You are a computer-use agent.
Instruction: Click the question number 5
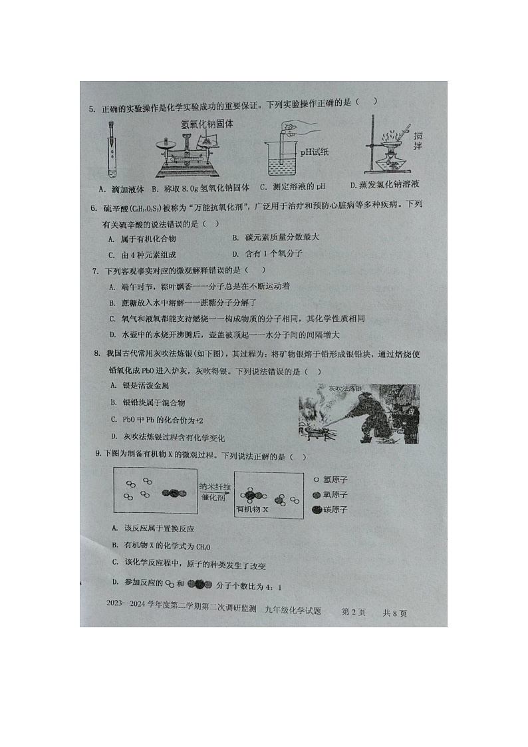(x=92, y=109)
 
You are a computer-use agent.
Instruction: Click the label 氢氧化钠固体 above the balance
(x=207, y=124)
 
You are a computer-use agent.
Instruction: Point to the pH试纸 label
(x=314, y=151)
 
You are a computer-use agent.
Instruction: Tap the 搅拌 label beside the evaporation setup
(x=418, y=141)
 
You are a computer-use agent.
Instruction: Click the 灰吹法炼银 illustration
(x=359, y=414)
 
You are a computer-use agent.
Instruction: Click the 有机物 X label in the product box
(x=252, y=509)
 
